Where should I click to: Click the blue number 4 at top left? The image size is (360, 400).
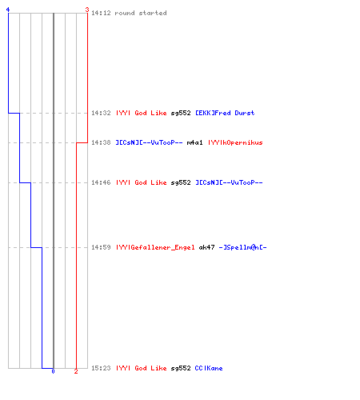pyautogui.click(x=8, y=10)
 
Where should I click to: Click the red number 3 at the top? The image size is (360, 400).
pyautogui.click(x=87, y=10)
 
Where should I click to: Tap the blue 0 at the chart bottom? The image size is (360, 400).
pyautogui.click(x=53, y=371)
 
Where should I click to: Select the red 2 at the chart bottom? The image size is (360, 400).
pyautogui.click(x=76, y=371)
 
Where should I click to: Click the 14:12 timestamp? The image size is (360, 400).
pyautogui.click(x=101, y=13)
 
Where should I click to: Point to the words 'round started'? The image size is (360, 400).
pyautogui.click(x=141, y=13)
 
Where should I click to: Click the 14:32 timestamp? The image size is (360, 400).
pyautogui.click(x=101, y=113)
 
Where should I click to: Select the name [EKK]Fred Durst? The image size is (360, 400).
pyautogui.click(x=225, y=113)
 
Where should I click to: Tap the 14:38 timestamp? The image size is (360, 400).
pyautogui.click(x=101, y=142)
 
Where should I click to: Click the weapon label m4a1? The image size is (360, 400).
pyautogui.click(x=194, y=142)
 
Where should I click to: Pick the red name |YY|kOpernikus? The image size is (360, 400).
pyautogui.click(x=235, y=142)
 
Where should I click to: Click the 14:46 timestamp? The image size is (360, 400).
pyautogui.click(x=101, y=182)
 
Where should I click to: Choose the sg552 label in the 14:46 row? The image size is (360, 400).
pyautogui.click(x=181, y=182)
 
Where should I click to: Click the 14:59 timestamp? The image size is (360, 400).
pyautogui.click(x=101, y=247)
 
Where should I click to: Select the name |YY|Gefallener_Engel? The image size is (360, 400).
pyautogui.click(x=155, y=247)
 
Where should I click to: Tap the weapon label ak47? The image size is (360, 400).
pyautogui.click(x=206, y=247)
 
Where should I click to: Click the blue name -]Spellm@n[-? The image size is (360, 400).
pyautogui.click(x=242, y=247)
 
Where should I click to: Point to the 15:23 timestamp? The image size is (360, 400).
pyautogui.click(x=101, y=368)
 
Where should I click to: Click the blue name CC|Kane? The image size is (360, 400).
pyautogui.click(x=209, y=368)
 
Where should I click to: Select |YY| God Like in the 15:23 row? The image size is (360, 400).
pyautogui.click(x=142, y=368)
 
